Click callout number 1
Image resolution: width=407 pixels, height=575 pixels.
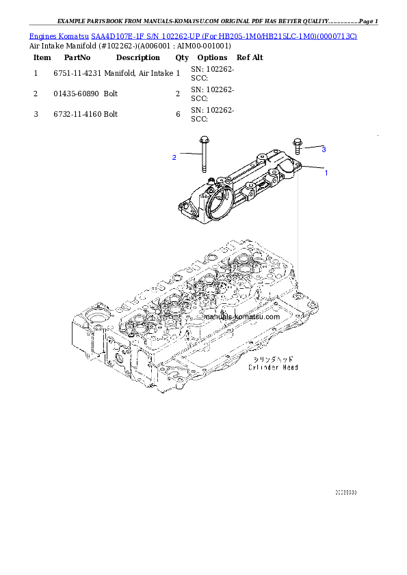click(326, 173)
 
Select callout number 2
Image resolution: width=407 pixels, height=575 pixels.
click(174, 158)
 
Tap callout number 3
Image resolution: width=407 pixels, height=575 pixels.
click(324, 149)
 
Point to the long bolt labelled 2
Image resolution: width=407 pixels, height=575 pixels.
click(203, 157)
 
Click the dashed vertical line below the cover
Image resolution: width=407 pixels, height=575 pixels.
click(298, 225)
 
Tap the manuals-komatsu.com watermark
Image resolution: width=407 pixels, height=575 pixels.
click(241, 317)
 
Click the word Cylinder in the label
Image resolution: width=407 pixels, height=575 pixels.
click(261, 367)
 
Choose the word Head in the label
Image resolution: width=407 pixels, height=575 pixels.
click(290, 367)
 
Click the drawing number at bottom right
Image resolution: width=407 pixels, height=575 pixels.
click(345, 492)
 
